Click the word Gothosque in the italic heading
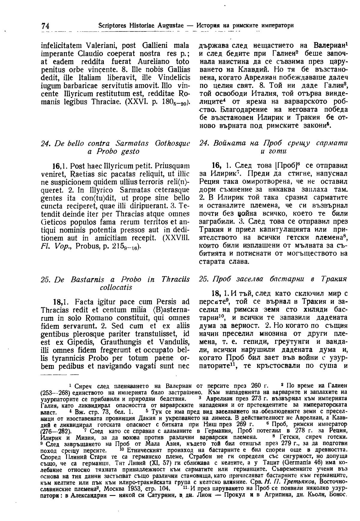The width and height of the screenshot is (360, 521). (x=171, y=143)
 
